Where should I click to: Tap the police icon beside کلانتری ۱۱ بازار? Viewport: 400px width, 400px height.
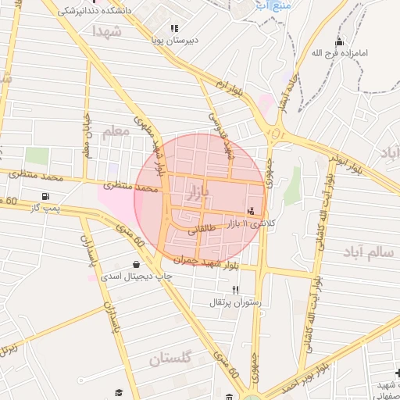click(x=251, y=210)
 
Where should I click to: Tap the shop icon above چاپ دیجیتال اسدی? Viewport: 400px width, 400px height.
click(x=137, y=265)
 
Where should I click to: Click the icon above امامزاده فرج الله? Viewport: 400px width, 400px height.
click(x=338, y=41)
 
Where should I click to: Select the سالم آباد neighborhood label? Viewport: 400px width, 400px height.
click(x=366, y=252)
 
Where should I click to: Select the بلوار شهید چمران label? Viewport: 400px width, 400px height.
click(x=196, y=259)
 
